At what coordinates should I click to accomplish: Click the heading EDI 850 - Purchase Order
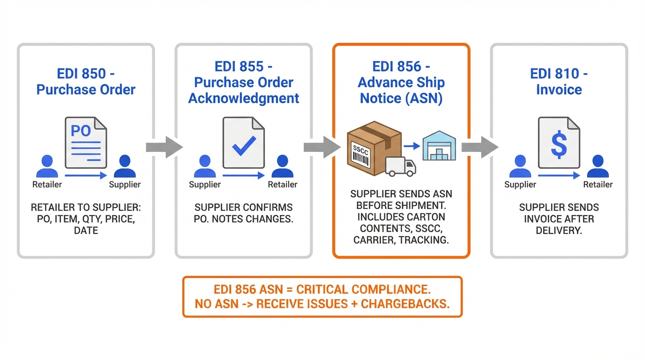click(x=86, y=82)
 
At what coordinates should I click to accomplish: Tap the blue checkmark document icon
click(x=244, y=143)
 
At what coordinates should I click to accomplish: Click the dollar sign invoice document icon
click(x=559, y=143)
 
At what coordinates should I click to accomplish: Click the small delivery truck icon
click(x=401, y=167)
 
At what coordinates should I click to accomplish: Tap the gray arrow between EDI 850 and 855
click(x=164, y=147)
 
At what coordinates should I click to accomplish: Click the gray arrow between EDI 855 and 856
click(x=322, y=147)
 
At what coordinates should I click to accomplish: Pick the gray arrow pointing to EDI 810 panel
click(x=480, y=147)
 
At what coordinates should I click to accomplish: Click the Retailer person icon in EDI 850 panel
click(x=47, y=166)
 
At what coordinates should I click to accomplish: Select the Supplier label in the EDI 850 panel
click(x=125, y=184)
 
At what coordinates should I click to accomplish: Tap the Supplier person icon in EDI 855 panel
click(x=205, y=166)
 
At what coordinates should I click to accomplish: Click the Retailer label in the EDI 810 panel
click(x=598, y=184)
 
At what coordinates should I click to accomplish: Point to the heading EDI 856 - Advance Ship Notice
click(x=401, y=82)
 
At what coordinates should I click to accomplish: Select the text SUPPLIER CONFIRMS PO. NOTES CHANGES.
click(x=244, y=213)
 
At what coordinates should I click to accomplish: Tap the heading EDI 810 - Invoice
click(x=559, y=82)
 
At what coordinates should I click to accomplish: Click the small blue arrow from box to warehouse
click(x=412, y=146)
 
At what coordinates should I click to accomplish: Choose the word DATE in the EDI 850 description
click(x=86, y=231)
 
